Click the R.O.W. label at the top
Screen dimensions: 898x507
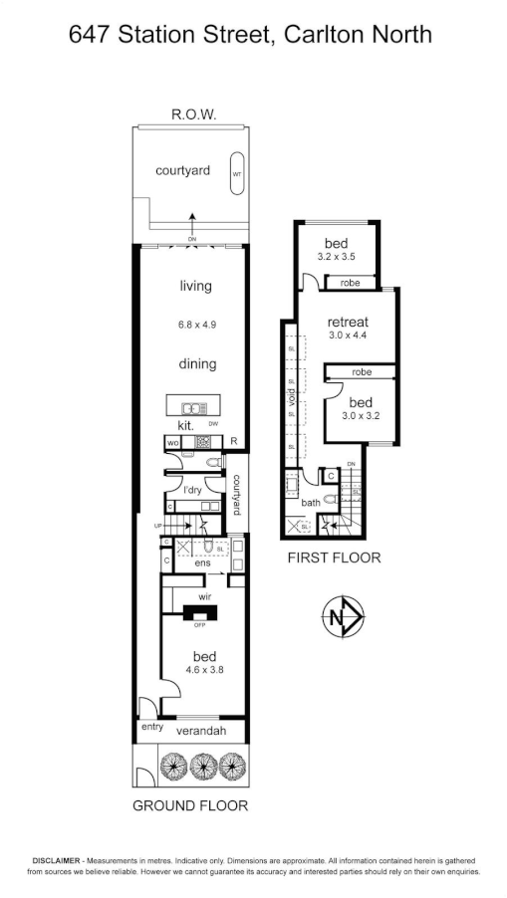pyautogui.click(x=194, y=115)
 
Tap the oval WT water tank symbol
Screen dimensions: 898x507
pyautogui.click(x=237, y=173)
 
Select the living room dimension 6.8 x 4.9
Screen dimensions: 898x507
pyautogui.click(x=196, y=325)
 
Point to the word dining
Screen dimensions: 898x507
pyautogui.click(x=197, y=364)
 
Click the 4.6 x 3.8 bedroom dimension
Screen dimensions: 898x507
pyautogui.click(x=205, y=671)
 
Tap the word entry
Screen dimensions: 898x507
pyautogui.click(x=152, y=728)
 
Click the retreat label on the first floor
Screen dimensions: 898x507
pyautogui.click(x=349, y=322)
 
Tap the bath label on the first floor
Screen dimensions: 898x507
pyautogui.click(x=312, y=503)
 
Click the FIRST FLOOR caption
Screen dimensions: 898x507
pyautogui.click(x=334, y=558)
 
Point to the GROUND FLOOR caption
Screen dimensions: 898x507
pyautogui.click(x=190, y=805)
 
